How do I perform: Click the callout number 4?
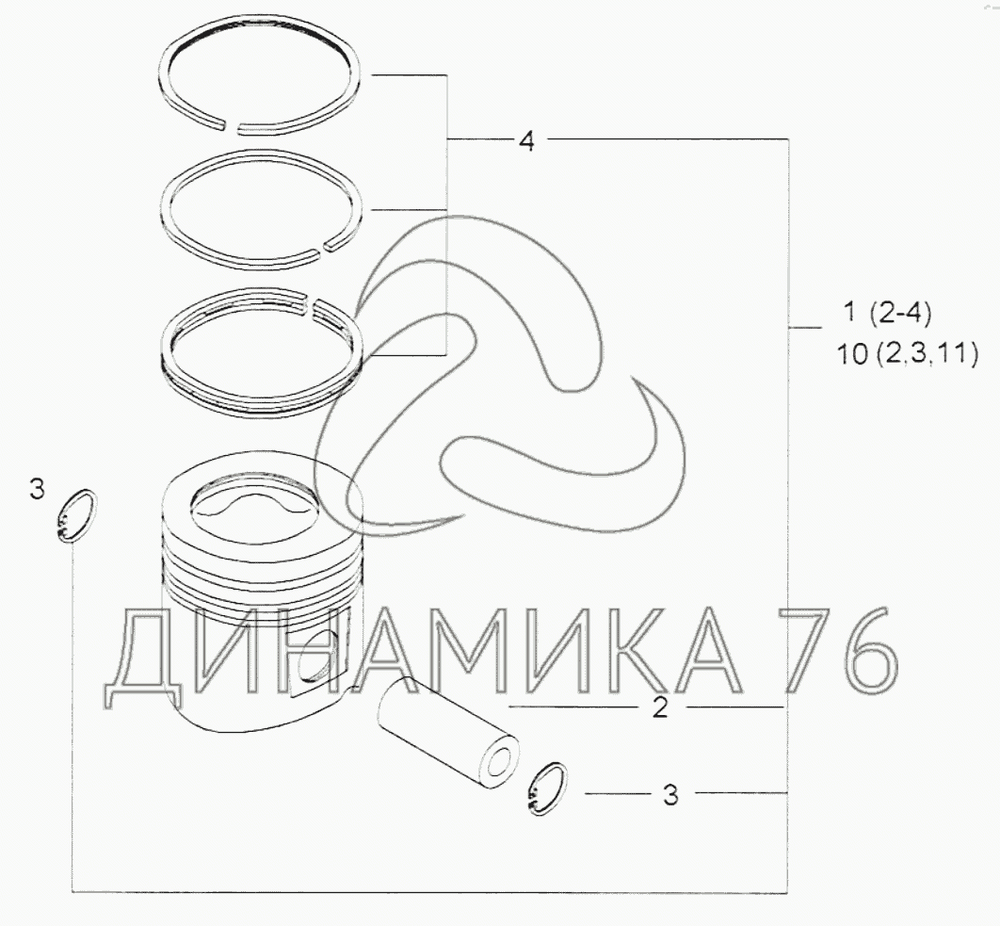pos(526,140)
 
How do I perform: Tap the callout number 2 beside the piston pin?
pos(660,707)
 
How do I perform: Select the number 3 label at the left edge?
pos(37,490)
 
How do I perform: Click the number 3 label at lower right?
pos(670,795)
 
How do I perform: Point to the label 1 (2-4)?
pos(887,313)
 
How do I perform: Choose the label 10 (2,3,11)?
pos(907,353)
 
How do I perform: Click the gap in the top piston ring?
pos(231,127)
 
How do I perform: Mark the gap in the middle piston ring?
pos(322,247)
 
